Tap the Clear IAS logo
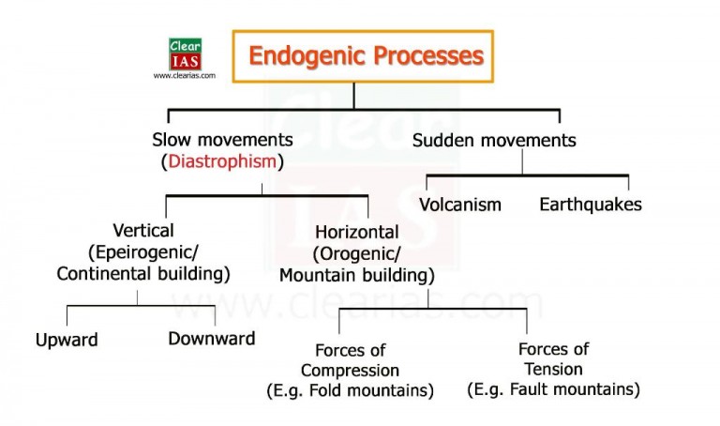[184, 53]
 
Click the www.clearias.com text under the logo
[184, 76]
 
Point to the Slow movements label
[222, 140]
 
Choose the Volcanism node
[460, 205]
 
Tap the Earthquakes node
[591, 204]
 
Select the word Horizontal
[356, 232]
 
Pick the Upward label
[67, 340]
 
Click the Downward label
[212, 339]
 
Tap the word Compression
[350, 370]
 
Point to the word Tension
[554, 369]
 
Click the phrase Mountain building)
[356, 276]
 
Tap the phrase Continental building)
[142, 275]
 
